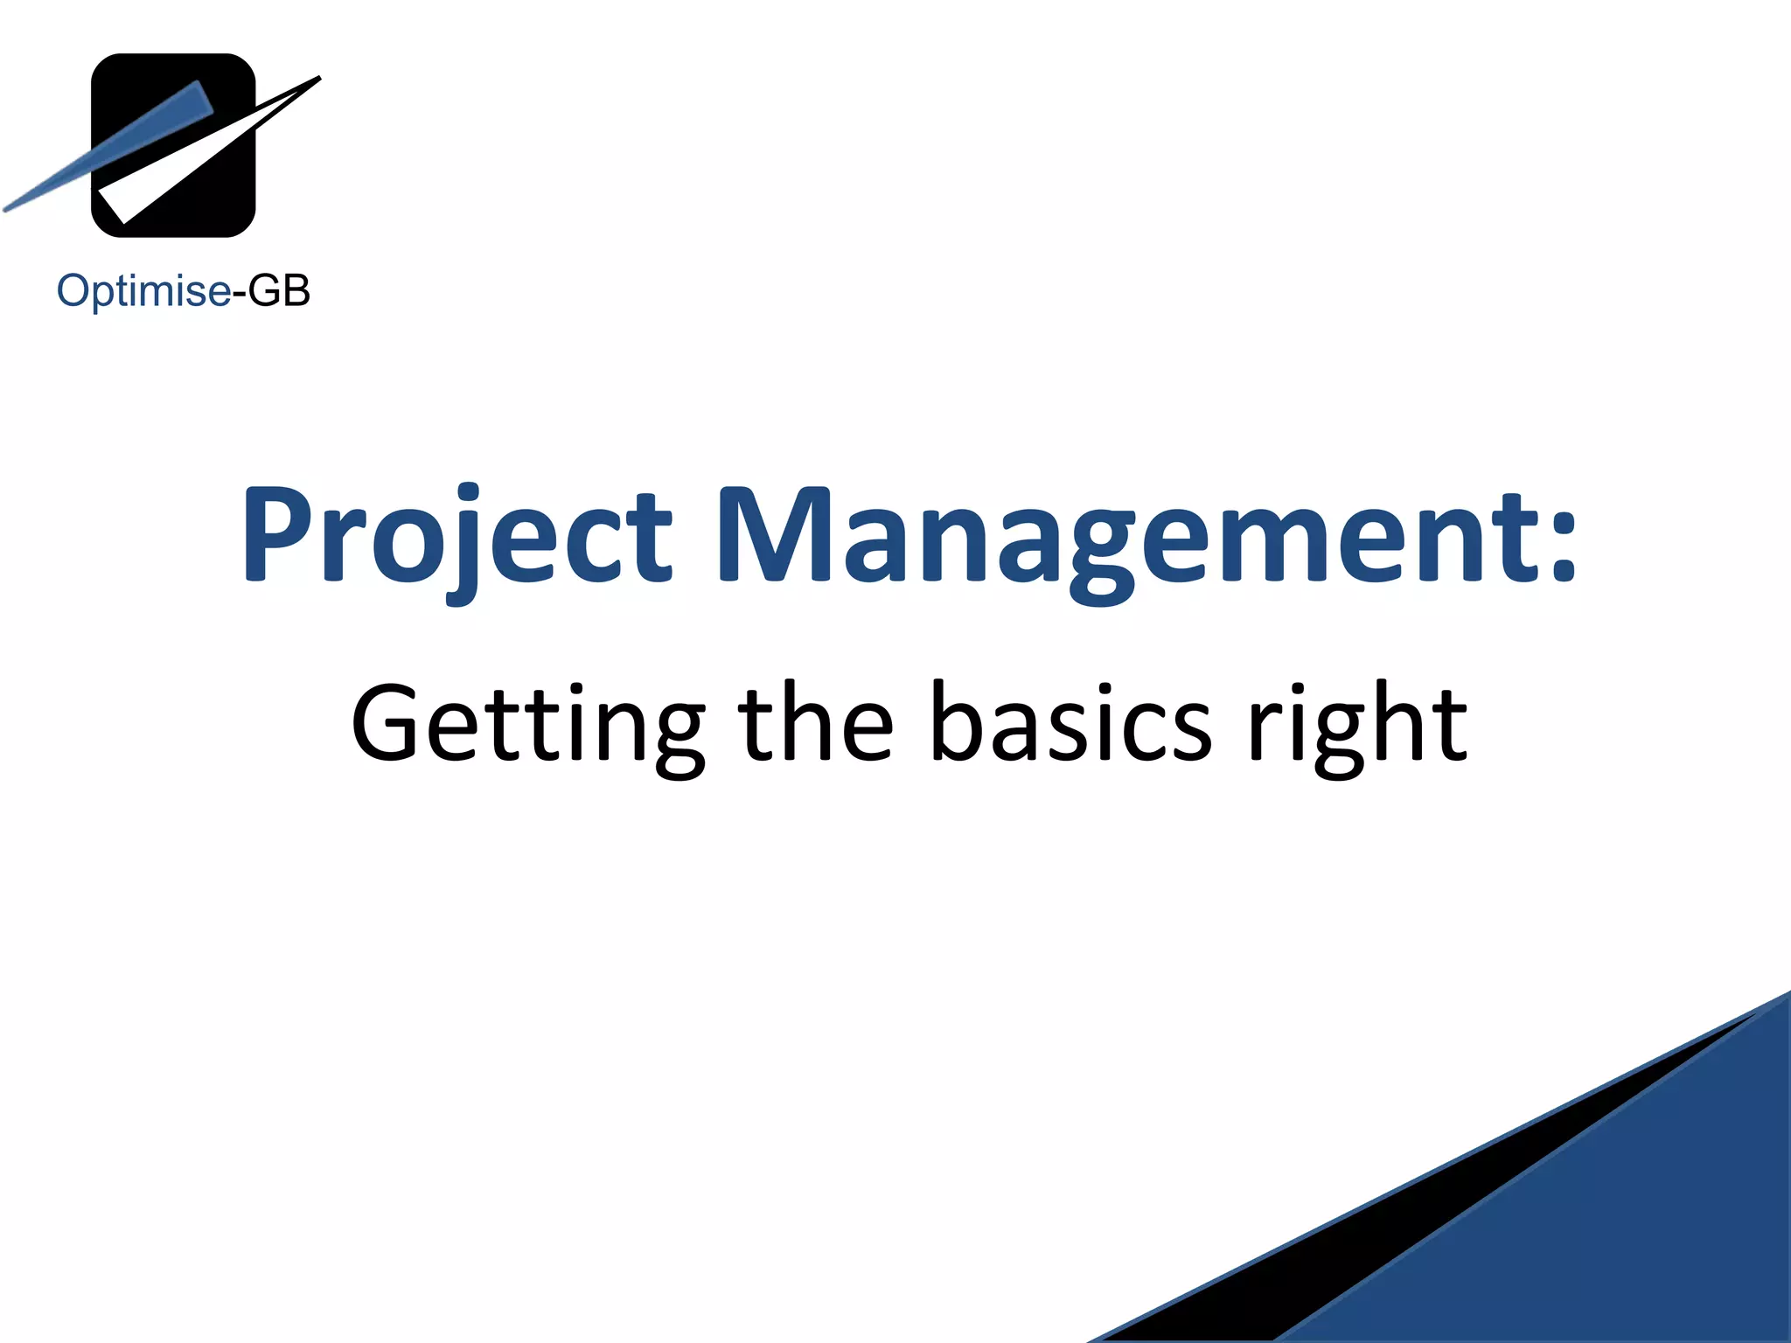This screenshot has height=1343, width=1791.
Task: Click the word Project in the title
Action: pyautogui.click(x=456, y=535)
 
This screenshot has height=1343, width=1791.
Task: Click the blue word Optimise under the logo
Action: pyautogui.click(x=143, y=291)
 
